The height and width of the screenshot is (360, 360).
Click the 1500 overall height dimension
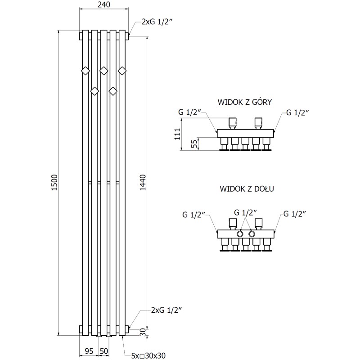pyautogui.click(x=54, y=182)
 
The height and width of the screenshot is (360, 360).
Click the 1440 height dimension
pyautogui.click(x=143, y=182)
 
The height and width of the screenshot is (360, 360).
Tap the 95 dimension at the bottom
pyautogui.click(x=89, y=351)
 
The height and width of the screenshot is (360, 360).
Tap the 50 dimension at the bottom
pyautogui.click(x=104, y=351)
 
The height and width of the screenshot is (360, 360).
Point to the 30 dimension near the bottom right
pyautogui.click(x=143, y=332)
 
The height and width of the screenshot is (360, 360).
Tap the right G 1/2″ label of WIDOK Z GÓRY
pyautogui.click(x=297, y=112)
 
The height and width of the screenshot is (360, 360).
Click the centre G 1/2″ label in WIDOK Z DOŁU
pyautogui.click(x=246, y=212)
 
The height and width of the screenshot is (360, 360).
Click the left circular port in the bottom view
pyautogui.click(x=241, y=234)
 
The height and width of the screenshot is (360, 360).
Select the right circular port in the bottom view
pyautogui.click(x=252, y=234)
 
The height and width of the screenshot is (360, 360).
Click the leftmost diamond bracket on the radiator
pyautogui.click(x=85, y=70)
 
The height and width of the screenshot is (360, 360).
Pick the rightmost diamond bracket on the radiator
pyautogui.click(x=122, y=70)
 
